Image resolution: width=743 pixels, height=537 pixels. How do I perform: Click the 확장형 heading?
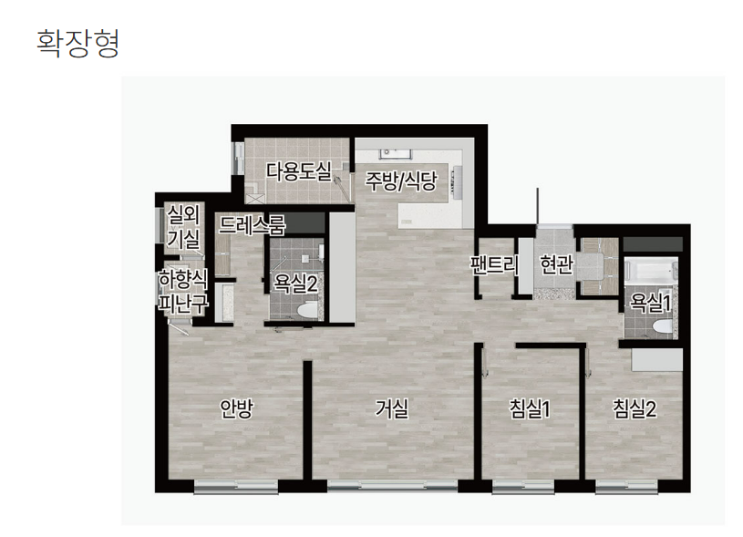coord(77,43)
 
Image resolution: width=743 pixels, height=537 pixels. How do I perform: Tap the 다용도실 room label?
coord(298,171)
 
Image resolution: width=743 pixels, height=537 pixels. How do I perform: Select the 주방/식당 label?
coord(400,181)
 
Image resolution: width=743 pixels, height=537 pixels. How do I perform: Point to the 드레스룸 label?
coord(252,224)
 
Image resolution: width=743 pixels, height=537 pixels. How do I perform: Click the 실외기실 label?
coord(183,227)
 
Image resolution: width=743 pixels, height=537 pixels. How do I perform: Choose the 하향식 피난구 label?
coord(183,292)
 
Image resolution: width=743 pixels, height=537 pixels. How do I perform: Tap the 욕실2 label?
coord(295,284)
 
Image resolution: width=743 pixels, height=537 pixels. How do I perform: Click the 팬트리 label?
coord(494,264)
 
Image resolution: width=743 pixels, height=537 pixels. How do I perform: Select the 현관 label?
coord(557,264)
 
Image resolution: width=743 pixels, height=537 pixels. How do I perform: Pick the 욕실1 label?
coord(650,303)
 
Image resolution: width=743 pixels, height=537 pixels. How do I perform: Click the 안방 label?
coord(237,408)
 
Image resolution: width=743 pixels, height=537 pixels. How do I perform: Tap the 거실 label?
coord(391,408)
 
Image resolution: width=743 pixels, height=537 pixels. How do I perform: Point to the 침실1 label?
coord(530,408)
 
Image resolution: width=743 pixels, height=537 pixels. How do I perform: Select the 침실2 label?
coord(635,408)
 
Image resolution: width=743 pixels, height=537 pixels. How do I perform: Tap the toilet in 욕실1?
coord(662,326)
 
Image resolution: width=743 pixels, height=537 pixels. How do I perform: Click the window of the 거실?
coord(392,486)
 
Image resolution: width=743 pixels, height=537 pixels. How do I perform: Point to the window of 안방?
coord(236,486)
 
